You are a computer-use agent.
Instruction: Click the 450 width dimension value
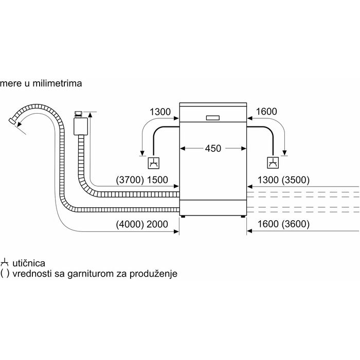(213, 149)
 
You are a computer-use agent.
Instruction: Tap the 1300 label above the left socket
(159, 112)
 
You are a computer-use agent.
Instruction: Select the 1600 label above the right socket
(266, 112)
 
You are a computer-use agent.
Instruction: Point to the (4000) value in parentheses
(129, 224)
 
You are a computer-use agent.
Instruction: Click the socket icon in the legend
(5, 263)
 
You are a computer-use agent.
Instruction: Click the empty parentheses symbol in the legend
(5, 274)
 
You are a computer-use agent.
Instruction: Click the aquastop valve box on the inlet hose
(79, 123)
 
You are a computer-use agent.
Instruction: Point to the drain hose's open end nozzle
(12, 122)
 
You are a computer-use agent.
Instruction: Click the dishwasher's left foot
(183, 217)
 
